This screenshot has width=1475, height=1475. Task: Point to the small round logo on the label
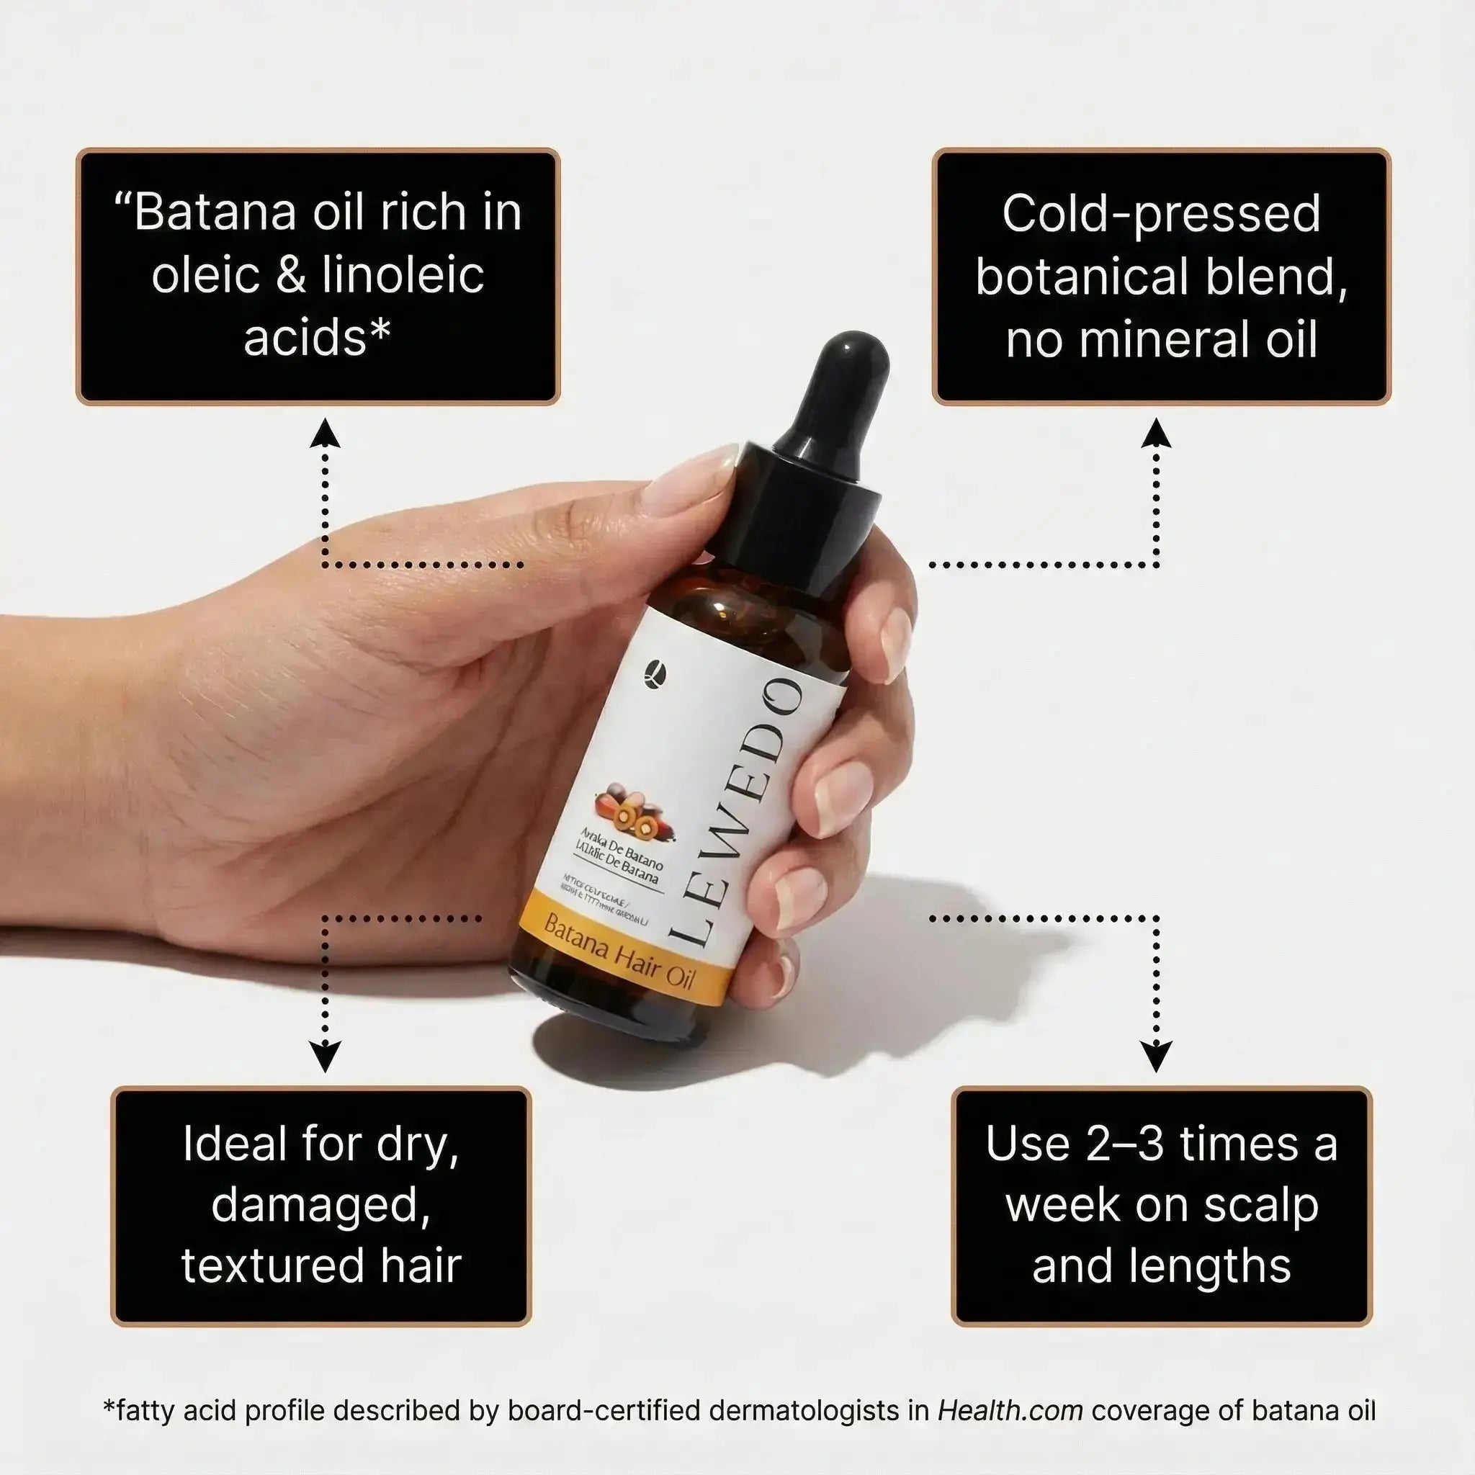(x=655, y=671)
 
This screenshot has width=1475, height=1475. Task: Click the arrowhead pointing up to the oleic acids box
(x=326, y=434)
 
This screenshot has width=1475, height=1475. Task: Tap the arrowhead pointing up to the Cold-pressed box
(x=1157, y=434)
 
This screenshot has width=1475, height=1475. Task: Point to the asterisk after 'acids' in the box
(x=380, y=330)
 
